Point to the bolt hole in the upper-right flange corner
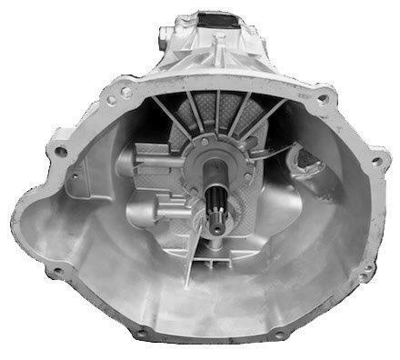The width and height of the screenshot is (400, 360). (322, 96)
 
